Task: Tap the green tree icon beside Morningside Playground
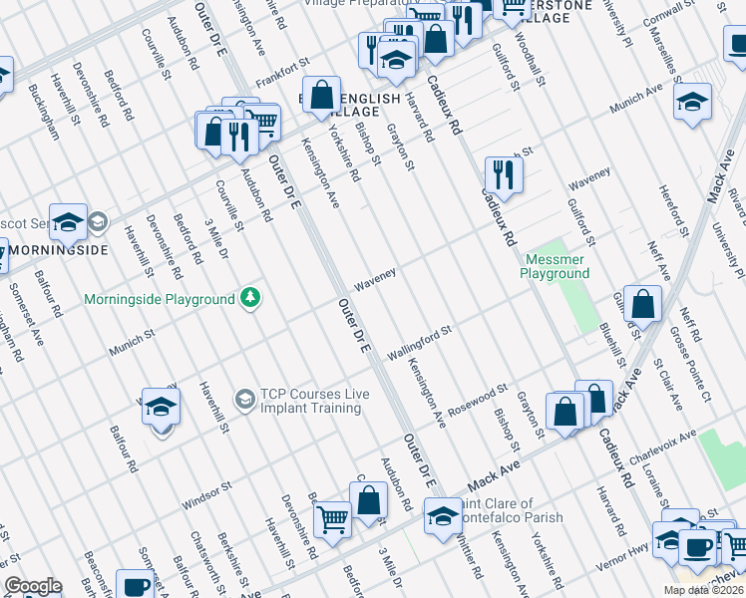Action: click(249, 298)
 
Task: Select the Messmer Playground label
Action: click(557, 266)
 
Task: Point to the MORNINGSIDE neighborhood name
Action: click(53, 249)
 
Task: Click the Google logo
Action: click(33, 586)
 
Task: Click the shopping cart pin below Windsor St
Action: click(332, 518)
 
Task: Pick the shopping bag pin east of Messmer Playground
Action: click(644, 303)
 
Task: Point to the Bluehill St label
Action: click(614, 344)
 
